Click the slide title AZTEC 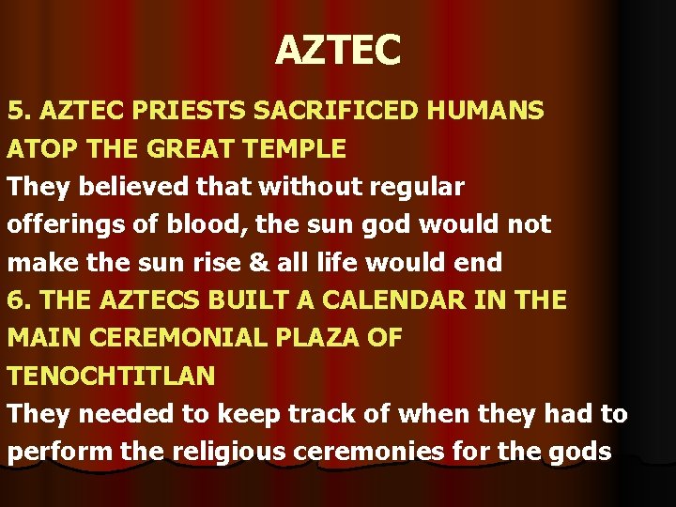[338, 50]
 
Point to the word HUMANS [484, 112]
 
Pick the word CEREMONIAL [178, 338]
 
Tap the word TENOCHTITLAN [112, 376]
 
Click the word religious [231, 453]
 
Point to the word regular [412, 188]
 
